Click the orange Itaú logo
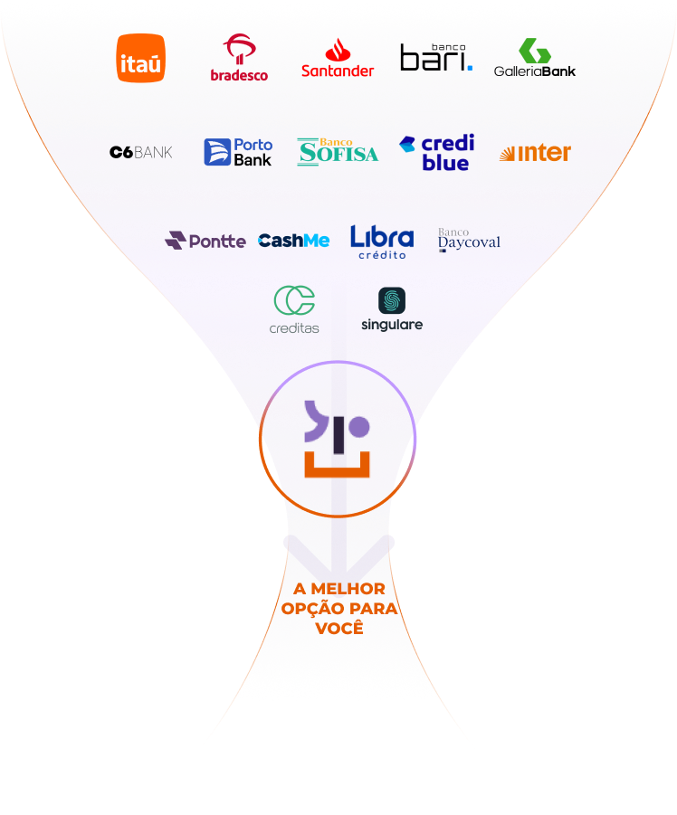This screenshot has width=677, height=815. point(141,58)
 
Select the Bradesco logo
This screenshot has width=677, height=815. point(239,58)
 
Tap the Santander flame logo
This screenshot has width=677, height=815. point(338,58)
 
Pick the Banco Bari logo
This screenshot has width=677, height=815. point(436,57)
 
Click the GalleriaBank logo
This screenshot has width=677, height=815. point(535,58)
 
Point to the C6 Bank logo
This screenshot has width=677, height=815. point(141,152)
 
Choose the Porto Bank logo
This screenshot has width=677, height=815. point(238,152)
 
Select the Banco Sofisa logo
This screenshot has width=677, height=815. point(338,152)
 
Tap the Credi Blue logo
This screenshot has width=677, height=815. point(437,152)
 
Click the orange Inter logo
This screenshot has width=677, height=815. point(535,152)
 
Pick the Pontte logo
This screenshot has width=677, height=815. point(205,241)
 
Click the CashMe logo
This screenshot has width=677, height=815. point(294,241)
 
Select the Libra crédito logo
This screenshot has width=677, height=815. point(382,242)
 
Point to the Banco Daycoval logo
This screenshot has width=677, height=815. point(469,240)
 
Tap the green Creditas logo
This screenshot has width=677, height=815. point(294,309)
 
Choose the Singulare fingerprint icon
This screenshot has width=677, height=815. point(392,300)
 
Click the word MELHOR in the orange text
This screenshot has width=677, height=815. point(348,588)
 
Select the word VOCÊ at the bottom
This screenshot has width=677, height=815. point(339,628)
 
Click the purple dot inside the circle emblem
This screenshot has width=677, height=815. point(358,427)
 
